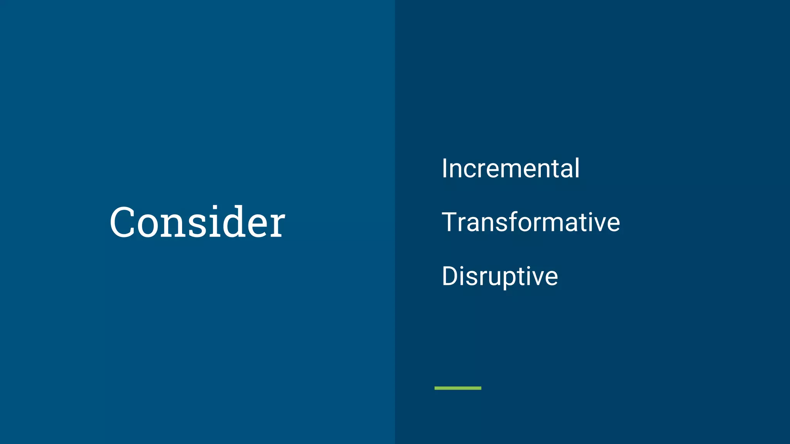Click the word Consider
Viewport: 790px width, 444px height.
point(197,222)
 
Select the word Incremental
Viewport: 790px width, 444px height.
point(510,168)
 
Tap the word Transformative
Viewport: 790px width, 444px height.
point(531,222)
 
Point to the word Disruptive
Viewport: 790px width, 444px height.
point(500,276)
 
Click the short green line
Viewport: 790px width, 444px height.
point(458,388)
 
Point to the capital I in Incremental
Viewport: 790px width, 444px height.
point(444,168)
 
